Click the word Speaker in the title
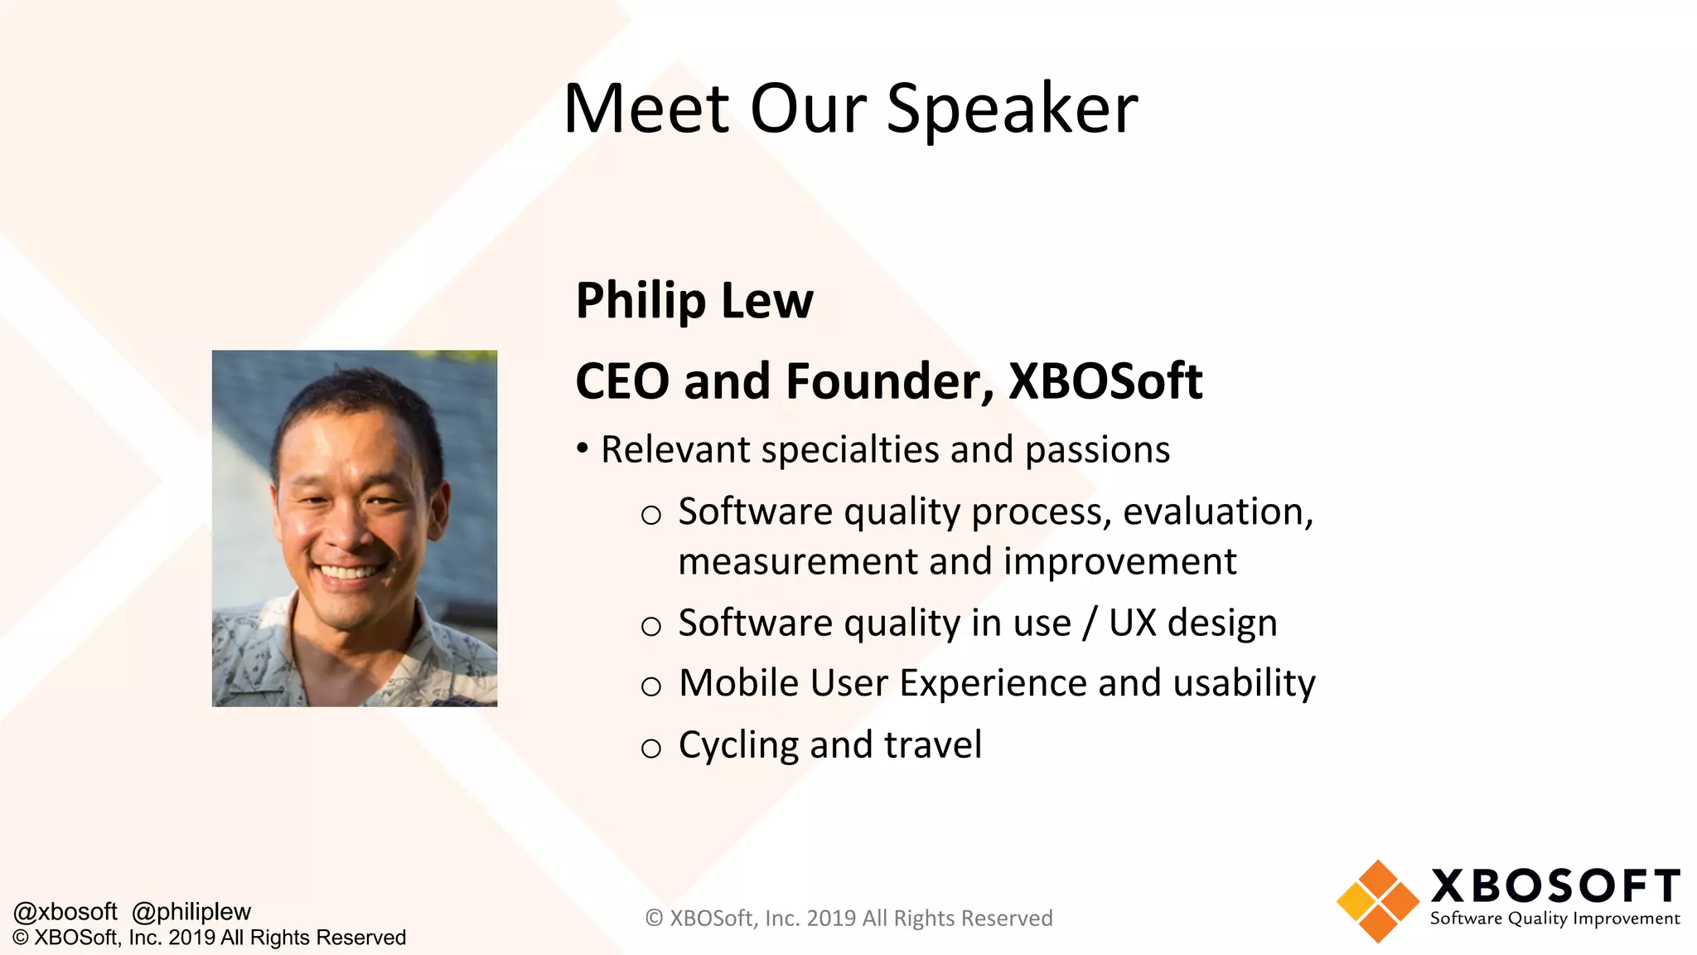1012,109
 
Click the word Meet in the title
646,109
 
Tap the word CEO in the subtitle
622,381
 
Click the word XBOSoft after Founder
1105,381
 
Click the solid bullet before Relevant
583,448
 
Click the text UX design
1192,623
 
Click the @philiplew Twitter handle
191,912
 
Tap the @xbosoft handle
65,912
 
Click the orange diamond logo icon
1377,901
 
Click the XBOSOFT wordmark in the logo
1554,886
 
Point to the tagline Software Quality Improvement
1554,919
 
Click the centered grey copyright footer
848,919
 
